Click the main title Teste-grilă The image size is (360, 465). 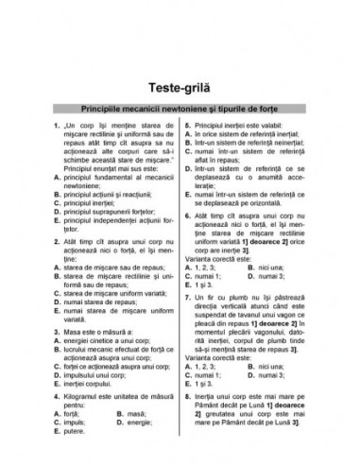click(180, 62)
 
